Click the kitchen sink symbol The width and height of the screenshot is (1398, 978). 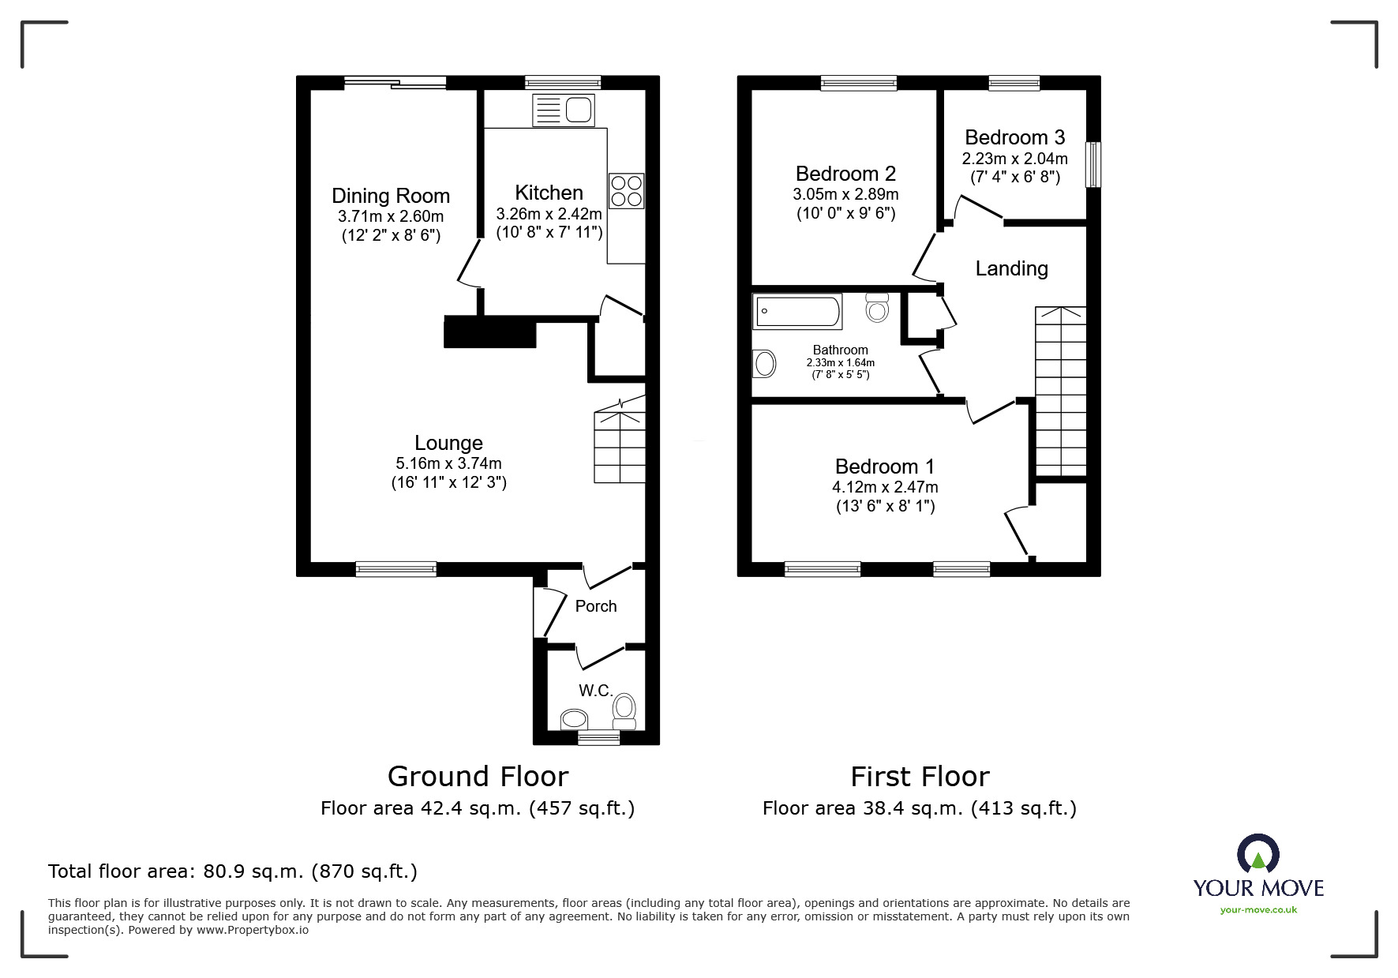click(x=563, y=110)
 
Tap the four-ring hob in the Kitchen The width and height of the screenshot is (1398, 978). click(x=627, y=191)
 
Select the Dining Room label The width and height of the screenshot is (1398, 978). click(x=391, y=196)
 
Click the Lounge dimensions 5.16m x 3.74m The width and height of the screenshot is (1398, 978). click(x=448, y=463)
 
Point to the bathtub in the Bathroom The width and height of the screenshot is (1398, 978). click(x=797, y=312)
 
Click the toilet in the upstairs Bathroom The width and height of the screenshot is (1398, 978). click(x=877, y=308)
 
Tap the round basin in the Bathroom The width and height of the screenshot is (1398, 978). click(x=765, y=364)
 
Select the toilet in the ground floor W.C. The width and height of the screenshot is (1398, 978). click(x=624, y=711)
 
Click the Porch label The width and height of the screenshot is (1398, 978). click(x=596, y=606)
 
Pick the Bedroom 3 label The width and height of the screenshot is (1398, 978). click(x=1014, y=137)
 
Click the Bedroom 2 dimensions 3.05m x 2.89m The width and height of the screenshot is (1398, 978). click(x=845, y=194)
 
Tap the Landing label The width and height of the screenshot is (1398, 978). click(x=1011, y=268)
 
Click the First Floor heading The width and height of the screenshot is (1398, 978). click(x=920, y=777)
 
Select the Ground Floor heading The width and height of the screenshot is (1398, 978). click(x=478, y=777)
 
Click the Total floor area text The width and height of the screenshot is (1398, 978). click(x=233, y=871)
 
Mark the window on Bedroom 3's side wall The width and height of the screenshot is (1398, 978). click(x=1093, y=164)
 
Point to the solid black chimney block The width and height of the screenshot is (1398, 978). click(x=490, y=332)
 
